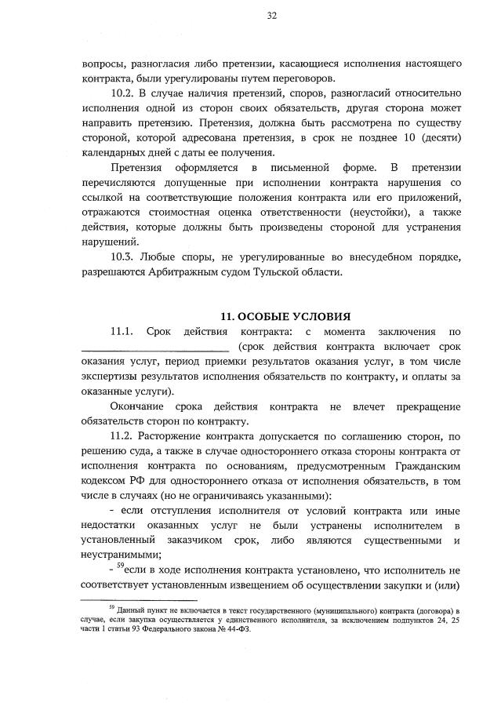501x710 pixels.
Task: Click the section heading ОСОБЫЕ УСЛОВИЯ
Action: point(294,317)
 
